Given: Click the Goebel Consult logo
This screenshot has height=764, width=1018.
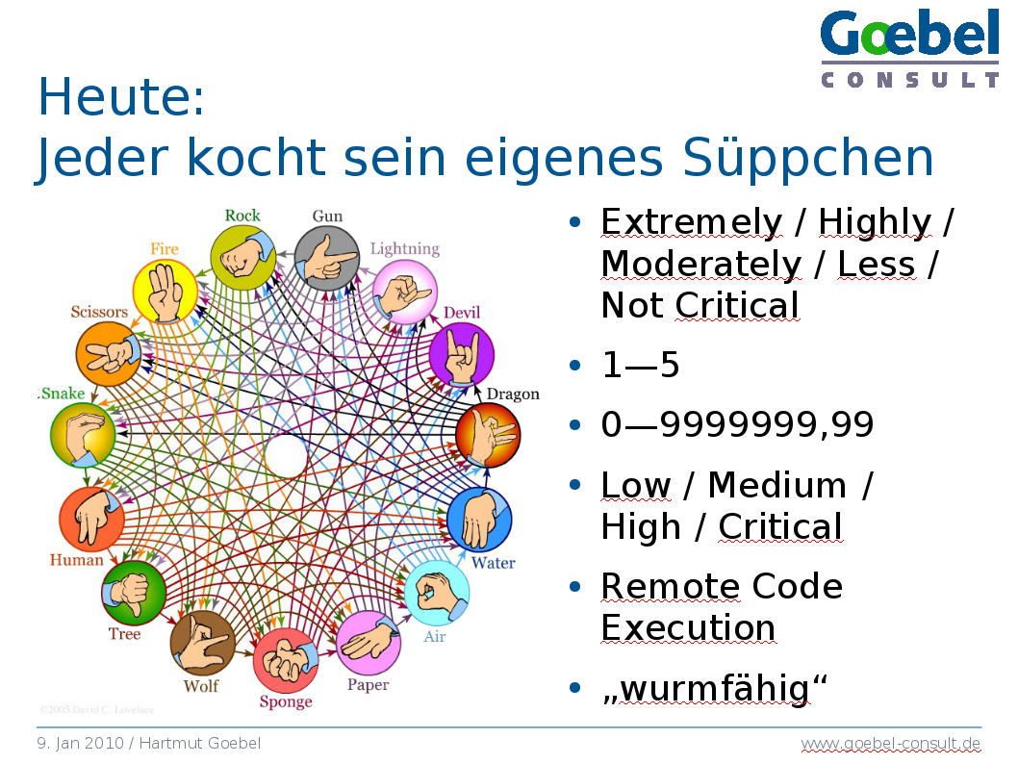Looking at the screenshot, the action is [x=909, y=48].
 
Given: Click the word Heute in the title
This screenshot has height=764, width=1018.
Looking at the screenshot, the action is [x=121, y=97].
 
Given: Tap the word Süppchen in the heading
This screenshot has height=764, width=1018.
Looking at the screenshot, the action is [x=807, y=157].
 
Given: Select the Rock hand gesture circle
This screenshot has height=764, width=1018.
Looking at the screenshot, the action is [x=243, y=258].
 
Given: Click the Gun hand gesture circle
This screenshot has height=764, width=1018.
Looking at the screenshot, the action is [x=326, y=258].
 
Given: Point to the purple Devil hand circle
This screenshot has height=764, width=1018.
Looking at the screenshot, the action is [x=462, y=354].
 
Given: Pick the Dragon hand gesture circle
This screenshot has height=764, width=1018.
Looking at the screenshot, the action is [x=488, y=435].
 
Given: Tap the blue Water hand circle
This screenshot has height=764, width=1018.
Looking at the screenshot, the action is [x=480, y=520].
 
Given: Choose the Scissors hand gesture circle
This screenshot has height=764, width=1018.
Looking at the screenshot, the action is [x=109, y=354].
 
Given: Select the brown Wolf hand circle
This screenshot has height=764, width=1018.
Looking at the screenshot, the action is [x=203, y=644].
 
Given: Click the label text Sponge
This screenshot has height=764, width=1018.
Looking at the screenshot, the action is [x=286, y=701].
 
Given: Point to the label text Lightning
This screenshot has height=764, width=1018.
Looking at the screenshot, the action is [x=405, y=248].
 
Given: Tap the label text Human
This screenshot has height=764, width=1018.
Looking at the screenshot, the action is [x=77, y=560].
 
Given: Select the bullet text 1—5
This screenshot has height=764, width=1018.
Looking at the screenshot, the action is [x=640, y=364].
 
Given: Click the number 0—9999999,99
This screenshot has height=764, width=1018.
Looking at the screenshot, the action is [x=738, y=424].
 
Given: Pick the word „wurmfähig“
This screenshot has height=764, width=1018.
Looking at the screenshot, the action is [x=715, y=688].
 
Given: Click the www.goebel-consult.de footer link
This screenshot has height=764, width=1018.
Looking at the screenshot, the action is [x=891, y=743].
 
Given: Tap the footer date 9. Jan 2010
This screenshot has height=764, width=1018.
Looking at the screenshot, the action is [x=80, y=743].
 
